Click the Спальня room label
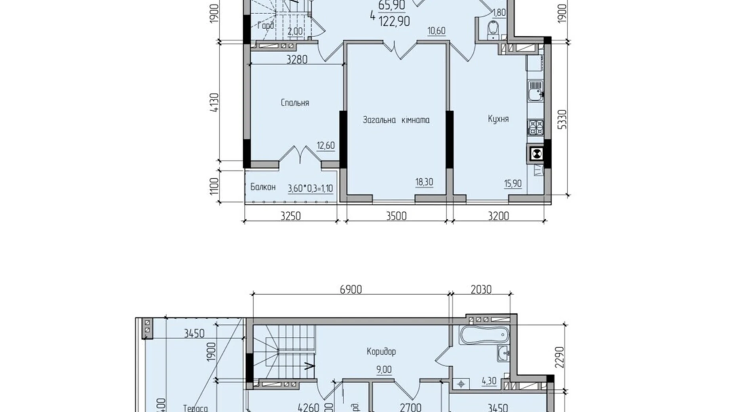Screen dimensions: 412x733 tap(295, 103)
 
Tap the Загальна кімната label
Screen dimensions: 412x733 tap(396, 120)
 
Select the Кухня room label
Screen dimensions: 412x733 tap(498, 119)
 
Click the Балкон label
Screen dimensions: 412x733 tap(263, 187)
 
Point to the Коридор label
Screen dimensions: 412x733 tap(381, 351)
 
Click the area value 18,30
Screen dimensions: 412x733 tap(424, 182)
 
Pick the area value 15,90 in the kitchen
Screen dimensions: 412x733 tap(513, 183)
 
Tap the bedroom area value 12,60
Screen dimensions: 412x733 tap(326, 146)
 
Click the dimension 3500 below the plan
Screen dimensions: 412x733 tap(396, 216)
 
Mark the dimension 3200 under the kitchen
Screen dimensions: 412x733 tap(498, 216)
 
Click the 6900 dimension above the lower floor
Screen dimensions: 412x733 tap(351, 290)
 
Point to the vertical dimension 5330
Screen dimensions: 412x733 tap(564, 119)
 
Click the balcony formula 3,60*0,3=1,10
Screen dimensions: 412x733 tap(310, 189)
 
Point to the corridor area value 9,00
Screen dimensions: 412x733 tap(384, 370)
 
